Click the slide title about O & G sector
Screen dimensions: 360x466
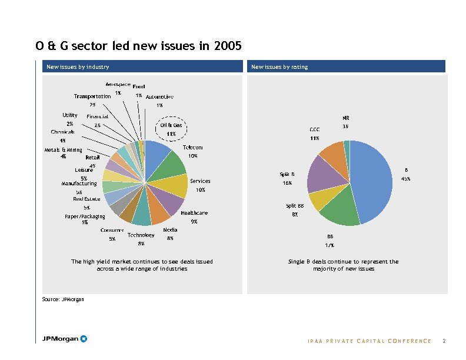(138, 46)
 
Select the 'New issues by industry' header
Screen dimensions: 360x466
(78, 67)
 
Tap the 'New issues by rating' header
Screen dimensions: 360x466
(279, 67)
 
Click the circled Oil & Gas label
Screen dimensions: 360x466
(171, 125)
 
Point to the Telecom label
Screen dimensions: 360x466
(193, 147)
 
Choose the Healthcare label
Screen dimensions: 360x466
(194, 213)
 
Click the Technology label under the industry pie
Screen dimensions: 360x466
(141, 235)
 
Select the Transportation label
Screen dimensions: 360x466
(92, 96)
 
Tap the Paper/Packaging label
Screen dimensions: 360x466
(85, 216)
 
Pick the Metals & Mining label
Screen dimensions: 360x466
(63, 150)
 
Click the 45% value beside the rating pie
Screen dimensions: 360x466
(405, 179)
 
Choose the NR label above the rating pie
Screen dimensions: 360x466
(346, 118)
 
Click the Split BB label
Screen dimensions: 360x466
(295, 206)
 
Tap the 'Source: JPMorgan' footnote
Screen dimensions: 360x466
(63, 299)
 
